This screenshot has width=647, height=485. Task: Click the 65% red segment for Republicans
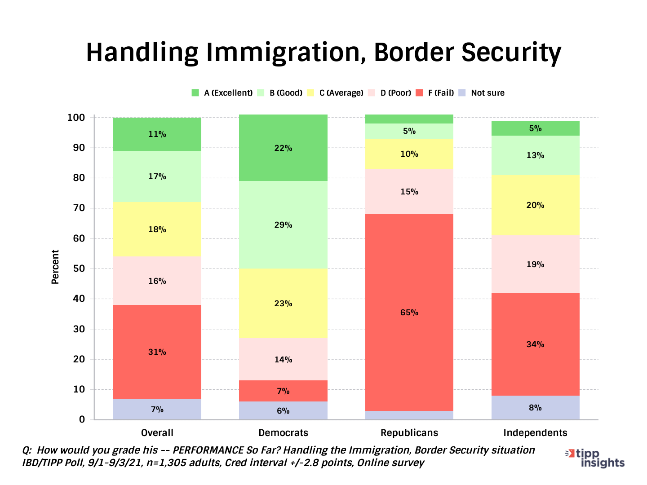point(409,313)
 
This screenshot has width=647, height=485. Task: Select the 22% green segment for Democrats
point(283,148)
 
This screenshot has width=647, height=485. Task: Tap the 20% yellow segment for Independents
point(535,205)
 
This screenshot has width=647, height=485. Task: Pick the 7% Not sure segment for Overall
point(157,410)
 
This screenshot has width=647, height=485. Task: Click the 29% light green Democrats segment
point(283,225)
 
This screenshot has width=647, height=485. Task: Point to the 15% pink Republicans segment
point(409,192)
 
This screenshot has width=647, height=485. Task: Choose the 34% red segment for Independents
point(535,344)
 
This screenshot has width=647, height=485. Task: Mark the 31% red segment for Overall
point(157,352)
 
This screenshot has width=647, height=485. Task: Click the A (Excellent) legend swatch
point(195,93)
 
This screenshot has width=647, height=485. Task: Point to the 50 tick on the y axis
point(79,269)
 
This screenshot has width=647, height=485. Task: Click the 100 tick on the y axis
point(76,118)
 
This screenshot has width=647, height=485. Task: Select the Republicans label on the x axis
point(409,433)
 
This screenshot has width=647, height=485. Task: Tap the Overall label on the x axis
point(157,433)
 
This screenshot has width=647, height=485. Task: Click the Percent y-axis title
point(55,267)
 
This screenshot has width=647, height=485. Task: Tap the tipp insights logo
point(596,458)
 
